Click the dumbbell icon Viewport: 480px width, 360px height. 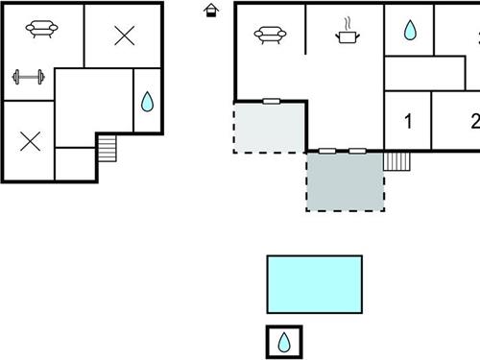click(x=27, y=78)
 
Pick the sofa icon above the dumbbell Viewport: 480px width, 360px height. click(x=40, y=29)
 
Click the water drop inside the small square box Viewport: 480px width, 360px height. click(x=284, y=342)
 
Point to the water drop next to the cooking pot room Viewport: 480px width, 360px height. click(x=410, y=30)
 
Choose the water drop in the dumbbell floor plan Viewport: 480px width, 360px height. click(x=147, y=101)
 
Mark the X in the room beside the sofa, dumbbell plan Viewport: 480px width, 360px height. click(x=124, y=36)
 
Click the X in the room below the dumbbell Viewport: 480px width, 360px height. click(x=29, y=140)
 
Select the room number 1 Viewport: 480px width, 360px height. click(x=408, y=122)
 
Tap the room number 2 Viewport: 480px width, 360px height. click(x=474, y=122)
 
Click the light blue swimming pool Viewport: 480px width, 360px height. click(x=314, y=283)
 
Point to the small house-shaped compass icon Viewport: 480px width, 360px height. click(x=211, y=10)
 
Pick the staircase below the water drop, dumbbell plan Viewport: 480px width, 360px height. click(x=107, y=148)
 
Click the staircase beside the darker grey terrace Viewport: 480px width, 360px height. click(x=396, y=160)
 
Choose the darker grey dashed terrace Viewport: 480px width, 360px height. click(x=345, y=180)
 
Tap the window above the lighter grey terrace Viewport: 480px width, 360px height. click(x=272, y=100)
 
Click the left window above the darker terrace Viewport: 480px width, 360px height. click(x=327, y=151)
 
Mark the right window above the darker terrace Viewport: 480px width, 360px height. click(x=357, y=151)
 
